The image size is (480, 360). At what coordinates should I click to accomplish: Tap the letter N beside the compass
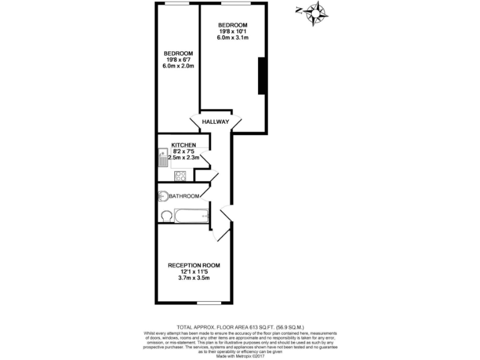pyautogui.click(x=299, y=10)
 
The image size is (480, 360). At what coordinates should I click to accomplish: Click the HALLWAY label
pyautogui.click(x=216, y=122)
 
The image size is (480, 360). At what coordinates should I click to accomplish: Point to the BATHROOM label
pyautogui.click(x=184, y=196)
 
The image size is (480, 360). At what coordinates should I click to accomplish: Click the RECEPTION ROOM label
pyautogui.click(x=194, y=266)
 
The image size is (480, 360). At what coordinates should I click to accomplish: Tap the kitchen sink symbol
pyautogui.click(x=161, y=157)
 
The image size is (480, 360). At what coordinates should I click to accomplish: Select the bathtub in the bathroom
pyautogui.click(x=191, y=217)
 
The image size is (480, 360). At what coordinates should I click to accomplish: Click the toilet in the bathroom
pyautogui.click(x=166, y=216)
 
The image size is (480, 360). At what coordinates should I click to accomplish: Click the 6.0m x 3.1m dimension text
pyautogui.click(x=233, y=38)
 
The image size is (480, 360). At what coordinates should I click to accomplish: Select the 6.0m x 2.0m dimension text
pyautogui.click(x=178, y=66)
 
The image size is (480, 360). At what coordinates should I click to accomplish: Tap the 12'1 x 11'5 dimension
pyautogui.click(x=194, y=272)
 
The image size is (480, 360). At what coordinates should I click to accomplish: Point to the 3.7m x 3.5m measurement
pyautogui.click(x=194, y=279)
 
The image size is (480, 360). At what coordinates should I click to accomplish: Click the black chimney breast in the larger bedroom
pyautogui.click(x=262, y=76)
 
